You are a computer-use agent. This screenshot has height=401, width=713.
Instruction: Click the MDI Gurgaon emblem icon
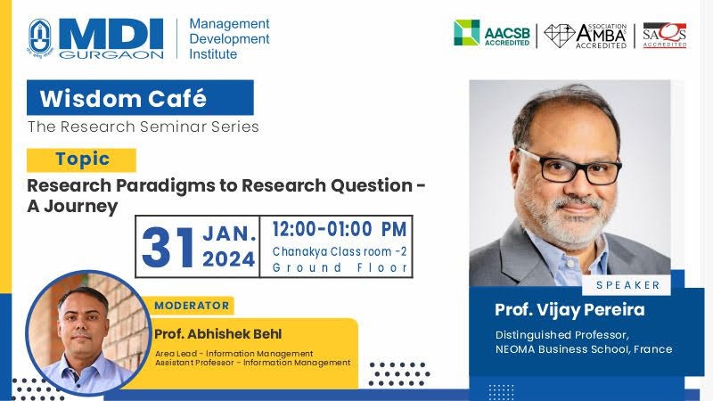[40, 37]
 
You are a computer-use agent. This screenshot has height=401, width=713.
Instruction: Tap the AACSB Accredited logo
[492, 33]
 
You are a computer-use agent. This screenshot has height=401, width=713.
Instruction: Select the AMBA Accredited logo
[586, 36]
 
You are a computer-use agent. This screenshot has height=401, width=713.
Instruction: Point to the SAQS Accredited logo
[664, 35]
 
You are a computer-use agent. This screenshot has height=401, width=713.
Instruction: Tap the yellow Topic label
[81, 160]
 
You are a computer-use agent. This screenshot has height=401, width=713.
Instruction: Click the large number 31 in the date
[168, 248]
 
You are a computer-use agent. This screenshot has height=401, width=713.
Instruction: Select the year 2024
[229, 259]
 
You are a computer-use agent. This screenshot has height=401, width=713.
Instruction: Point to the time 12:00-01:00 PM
[340, 229]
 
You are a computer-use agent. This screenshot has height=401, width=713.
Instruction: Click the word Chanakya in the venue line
[300, 252]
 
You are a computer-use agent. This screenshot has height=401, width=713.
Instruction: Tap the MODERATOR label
[192, 306]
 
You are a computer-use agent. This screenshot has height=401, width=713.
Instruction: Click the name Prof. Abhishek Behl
[217, 334]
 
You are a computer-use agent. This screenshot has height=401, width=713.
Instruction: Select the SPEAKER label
[628, 285]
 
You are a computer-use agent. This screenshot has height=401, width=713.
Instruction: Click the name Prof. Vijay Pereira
[570, 310]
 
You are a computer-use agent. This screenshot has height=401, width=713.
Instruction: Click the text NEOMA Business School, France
[584, 349]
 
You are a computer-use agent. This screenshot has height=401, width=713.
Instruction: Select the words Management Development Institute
[229, 38]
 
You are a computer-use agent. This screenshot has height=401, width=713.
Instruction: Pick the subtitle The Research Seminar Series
[143, 127]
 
